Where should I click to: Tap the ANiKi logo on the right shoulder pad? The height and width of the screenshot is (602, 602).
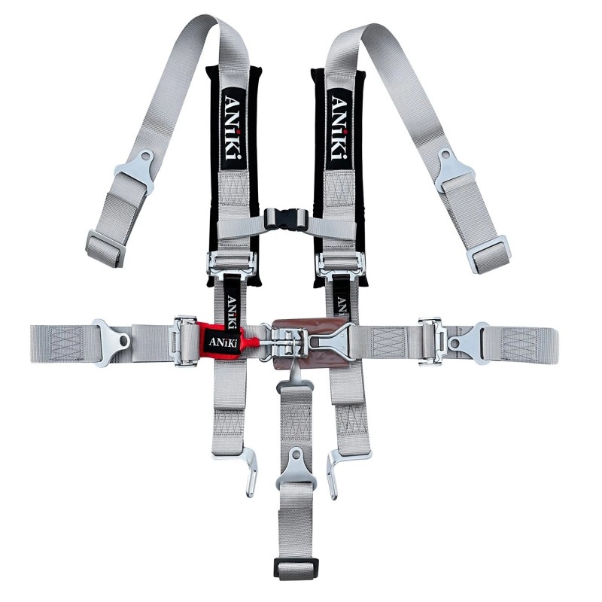(x=339, y=129)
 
